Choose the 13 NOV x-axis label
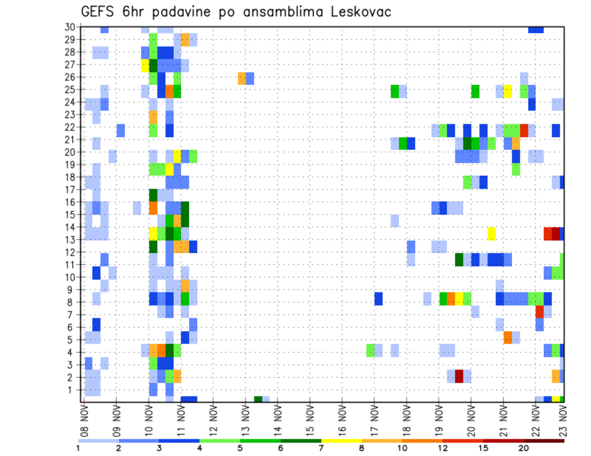click(246, 420)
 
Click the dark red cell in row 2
click(459, 376)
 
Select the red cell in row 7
click(540, 312)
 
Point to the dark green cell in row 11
click(459, 259)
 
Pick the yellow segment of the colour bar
click(341, 441)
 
